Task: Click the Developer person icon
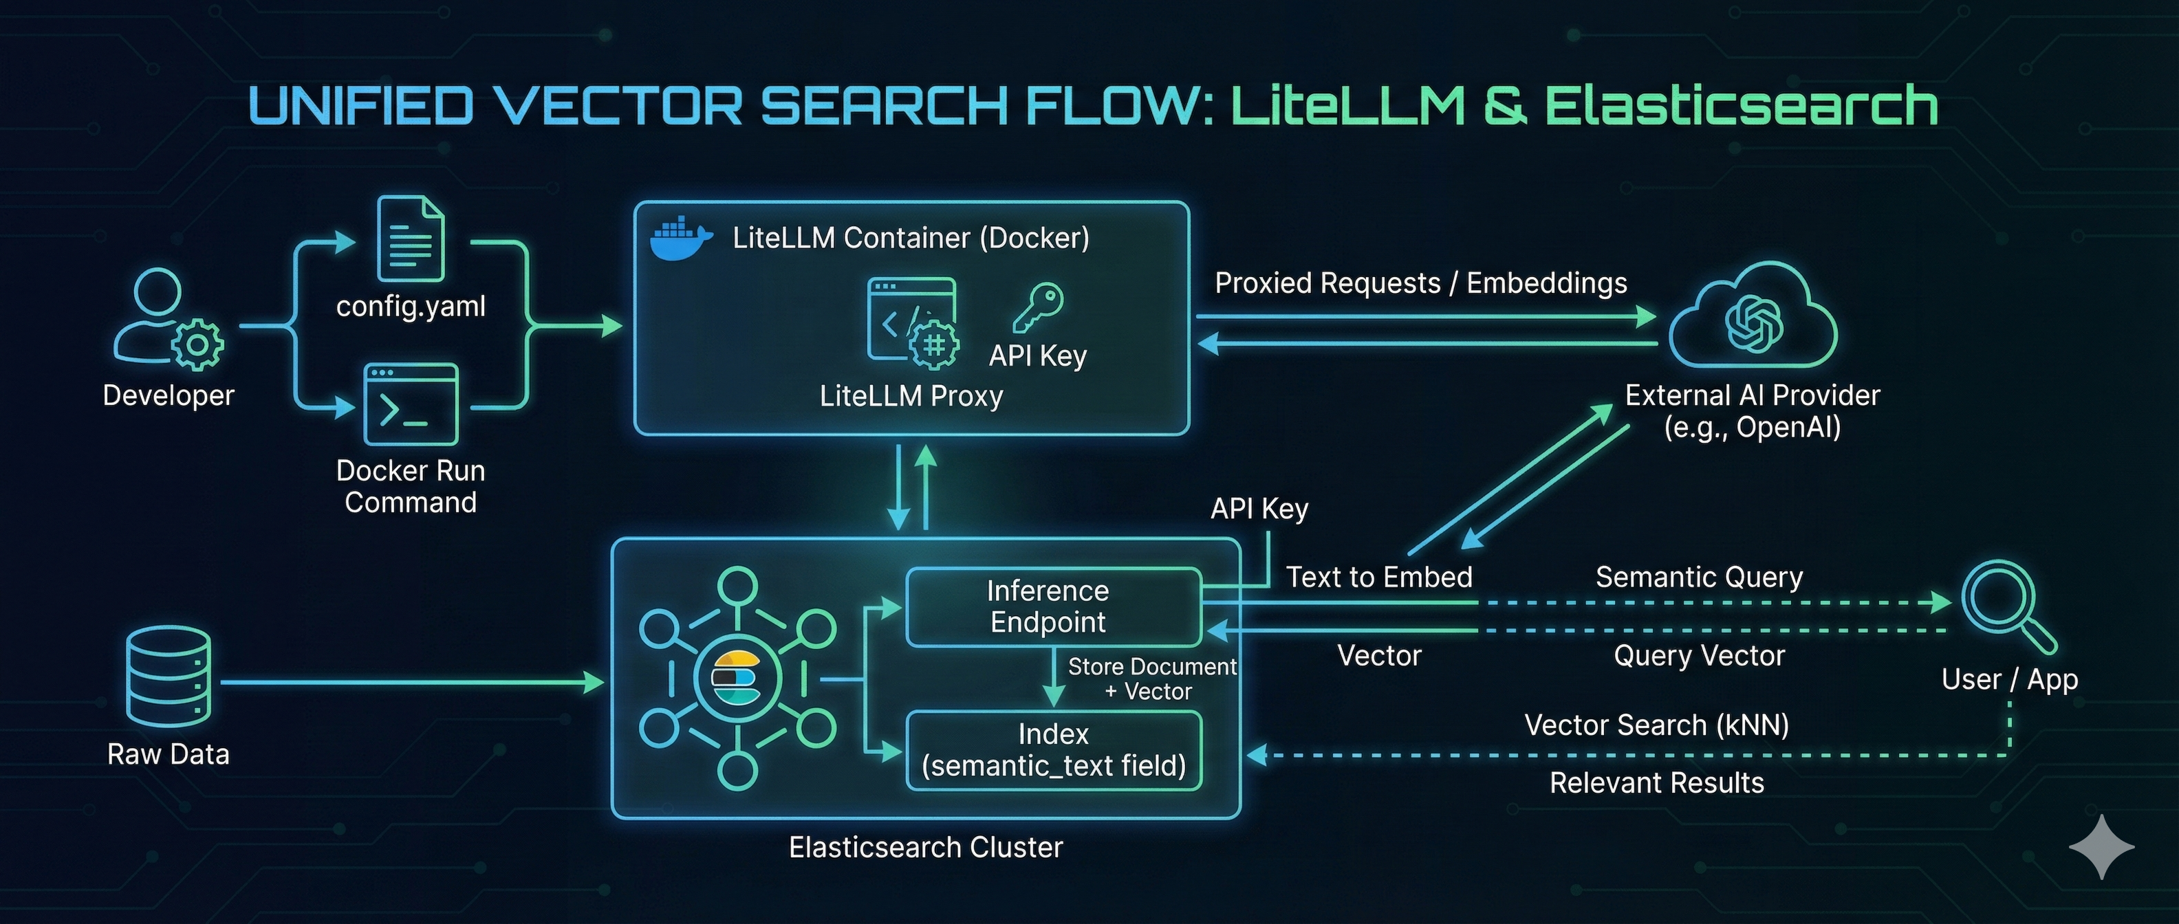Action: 168,319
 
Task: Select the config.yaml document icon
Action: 410,239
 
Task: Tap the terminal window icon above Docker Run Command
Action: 410,404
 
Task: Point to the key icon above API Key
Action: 1038,307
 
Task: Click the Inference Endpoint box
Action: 1052,606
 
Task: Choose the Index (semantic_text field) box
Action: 1053,750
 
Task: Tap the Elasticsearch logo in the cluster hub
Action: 737,678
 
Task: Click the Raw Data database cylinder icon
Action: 169,676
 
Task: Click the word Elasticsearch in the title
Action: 1741,106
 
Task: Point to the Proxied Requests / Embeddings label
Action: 1420,283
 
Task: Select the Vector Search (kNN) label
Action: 1656,725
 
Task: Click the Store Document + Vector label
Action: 1151,678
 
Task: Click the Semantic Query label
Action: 1698,577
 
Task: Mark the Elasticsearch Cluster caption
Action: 925,846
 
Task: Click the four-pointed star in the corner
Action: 2101,846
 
